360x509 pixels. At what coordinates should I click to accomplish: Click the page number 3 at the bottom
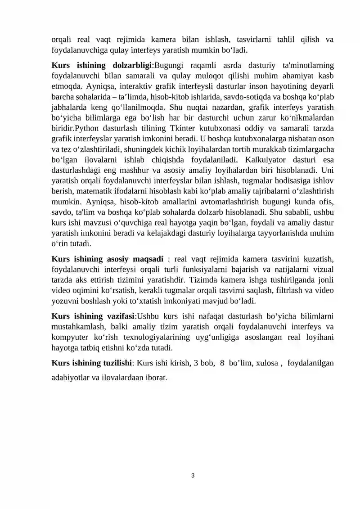pos(193,475)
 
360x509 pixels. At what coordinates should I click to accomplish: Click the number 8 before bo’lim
pos(222,363)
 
